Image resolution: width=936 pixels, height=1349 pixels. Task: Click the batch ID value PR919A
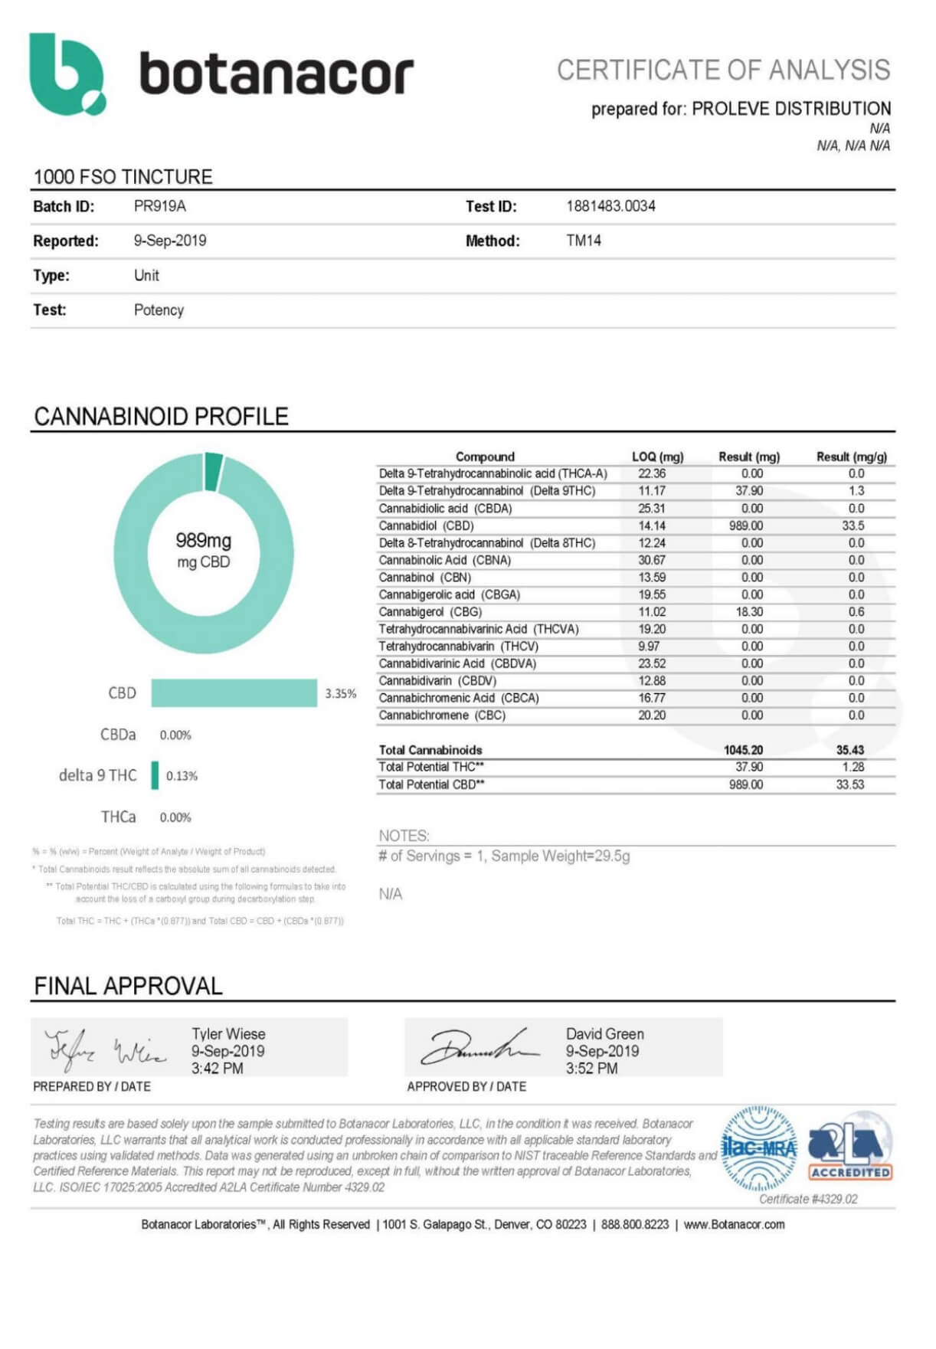click(x=159, y=206)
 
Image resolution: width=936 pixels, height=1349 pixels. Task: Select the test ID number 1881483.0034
click(x=610, y=206)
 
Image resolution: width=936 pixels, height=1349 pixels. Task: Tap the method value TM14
click(x=584, y=241)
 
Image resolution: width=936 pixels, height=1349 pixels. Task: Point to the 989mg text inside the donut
click(x=203, y=541)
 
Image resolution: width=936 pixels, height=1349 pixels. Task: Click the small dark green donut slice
click(x=214, y=470)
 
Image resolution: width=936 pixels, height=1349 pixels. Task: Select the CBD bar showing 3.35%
click(x=234, y=693)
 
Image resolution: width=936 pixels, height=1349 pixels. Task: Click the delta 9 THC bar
click(x=155, y=775)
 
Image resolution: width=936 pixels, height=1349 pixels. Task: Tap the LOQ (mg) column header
click(x=657, y=457)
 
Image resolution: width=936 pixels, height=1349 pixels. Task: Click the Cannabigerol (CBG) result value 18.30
click(x=748, y=612)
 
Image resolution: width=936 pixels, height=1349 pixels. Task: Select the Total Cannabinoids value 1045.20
click(x=743, y=750)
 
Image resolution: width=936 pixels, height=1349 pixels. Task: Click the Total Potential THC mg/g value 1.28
click(x=850, y=767)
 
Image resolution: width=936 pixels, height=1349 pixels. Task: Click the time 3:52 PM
click(x=591, y=1069)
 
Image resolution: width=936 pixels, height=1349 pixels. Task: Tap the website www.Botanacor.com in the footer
click(x=734, y=1224)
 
